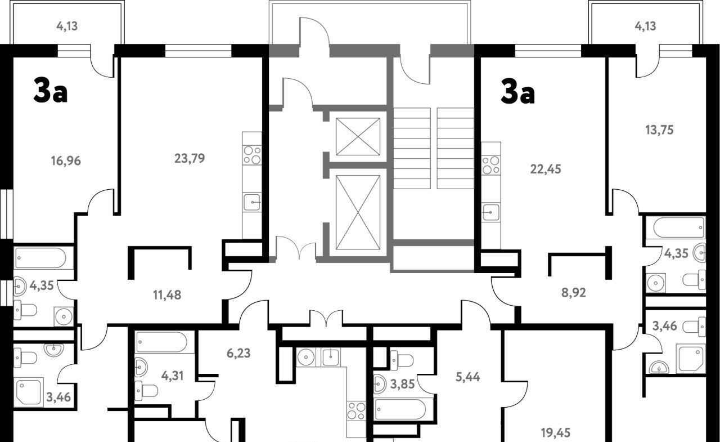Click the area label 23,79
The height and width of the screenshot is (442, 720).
(190, 158)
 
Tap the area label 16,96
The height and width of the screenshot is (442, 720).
(66, 160)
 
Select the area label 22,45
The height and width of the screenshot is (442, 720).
(546, 169)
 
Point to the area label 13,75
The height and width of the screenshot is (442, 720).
(659, 130)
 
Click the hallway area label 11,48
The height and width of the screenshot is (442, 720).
(167, 294)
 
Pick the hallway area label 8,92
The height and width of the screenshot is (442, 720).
(574, 293)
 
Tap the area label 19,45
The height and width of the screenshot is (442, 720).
(555, 433)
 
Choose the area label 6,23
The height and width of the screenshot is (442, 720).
(238, 353)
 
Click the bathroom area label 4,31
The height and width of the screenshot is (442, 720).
(172, 376)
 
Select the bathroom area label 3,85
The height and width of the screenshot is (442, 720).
(402, 384)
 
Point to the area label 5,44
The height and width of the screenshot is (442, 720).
(467, 377)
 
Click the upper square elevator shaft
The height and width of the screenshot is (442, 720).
(358, 137)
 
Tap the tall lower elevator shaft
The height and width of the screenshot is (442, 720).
(358, 212)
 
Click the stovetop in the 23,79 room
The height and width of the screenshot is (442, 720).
(252, 155)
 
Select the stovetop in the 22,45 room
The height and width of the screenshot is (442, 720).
(491, 166)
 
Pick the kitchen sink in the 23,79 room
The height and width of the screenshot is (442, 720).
(252, 202)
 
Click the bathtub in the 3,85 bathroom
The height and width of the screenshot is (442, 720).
(400, 409)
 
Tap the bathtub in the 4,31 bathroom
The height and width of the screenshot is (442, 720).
(161, 342)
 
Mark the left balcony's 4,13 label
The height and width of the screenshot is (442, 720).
(67, 26)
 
